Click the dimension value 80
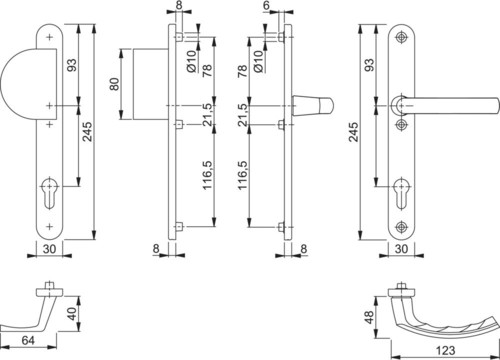pos(114,84)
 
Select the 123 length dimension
pos(445,350)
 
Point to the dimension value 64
pos(28,341)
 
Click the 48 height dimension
pos(369,317)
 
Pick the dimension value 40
pos(72,313)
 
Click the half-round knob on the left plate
pos(28,84)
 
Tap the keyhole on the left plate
pos(49,193)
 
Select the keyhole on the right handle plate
pos(401,194)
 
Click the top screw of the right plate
pos(401,37)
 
